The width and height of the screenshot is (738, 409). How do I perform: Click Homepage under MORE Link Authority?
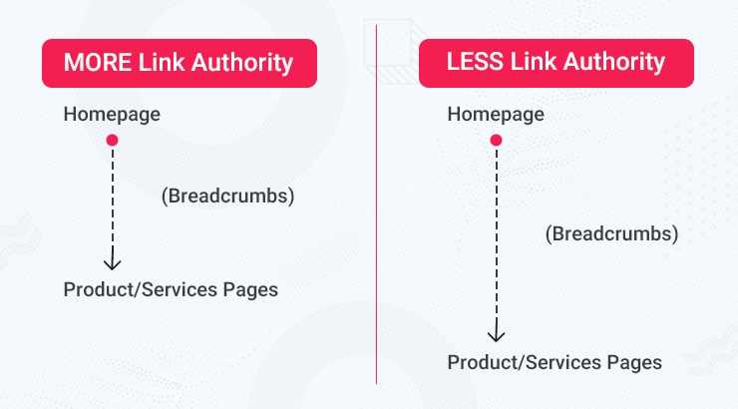click(x=112, y=115)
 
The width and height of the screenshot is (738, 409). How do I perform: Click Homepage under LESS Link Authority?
click(x=496, y=115)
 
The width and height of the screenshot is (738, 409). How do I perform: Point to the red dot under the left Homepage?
click(x=112, y=141)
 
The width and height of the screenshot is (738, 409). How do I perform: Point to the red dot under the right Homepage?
click(x=496, y=141)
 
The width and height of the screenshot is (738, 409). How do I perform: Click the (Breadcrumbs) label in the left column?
click(x=227, y=196)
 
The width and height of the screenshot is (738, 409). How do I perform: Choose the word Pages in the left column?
click(x=251, y=290)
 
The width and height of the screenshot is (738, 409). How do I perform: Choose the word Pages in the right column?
click(x=635, y=362)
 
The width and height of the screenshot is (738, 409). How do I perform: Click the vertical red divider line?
click(x=376, y=249)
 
